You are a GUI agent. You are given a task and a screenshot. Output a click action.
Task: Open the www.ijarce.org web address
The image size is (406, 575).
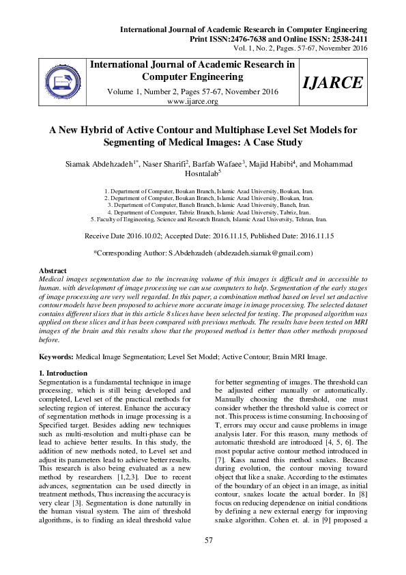(x=192, y=101)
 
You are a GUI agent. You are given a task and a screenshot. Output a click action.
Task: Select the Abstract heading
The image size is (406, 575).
(x=53, y=271)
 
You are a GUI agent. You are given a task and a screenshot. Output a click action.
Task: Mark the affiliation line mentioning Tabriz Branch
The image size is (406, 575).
(x=208, y=212)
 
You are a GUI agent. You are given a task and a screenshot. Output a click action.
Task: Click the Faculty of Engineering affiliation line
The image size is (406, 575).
(x=208, y=220)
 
